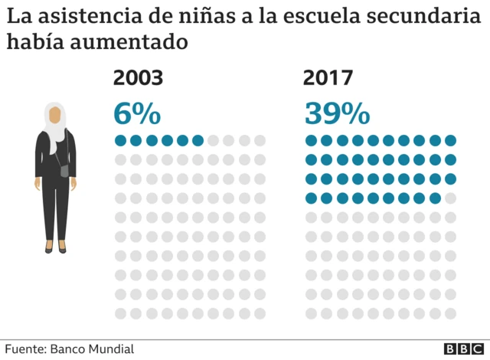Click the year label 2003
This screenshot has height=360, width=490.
coord(139,78)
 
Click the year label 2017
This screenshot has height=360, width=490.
coord(328,78)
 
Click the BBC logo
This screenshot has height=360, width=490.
coord(462,349)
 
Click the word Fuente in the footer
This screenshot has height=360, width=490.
coord(26,349)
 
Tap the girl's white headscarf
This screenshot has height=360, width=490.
coord(54,126)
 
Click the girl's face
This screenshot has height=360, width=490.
coord(54,116)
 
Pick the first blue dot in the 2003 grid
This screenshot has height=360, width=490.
coord(120,140)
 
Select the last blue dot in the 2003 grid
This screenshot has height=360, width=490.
coord(198,140)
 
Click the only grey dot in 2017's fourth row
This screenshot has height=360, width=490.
coord(451,198)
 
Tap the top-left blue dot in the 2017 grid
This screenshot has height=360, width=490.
coord(311,140)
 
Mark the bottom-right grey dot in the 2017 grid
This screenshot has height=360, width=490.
coord(451,313)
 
